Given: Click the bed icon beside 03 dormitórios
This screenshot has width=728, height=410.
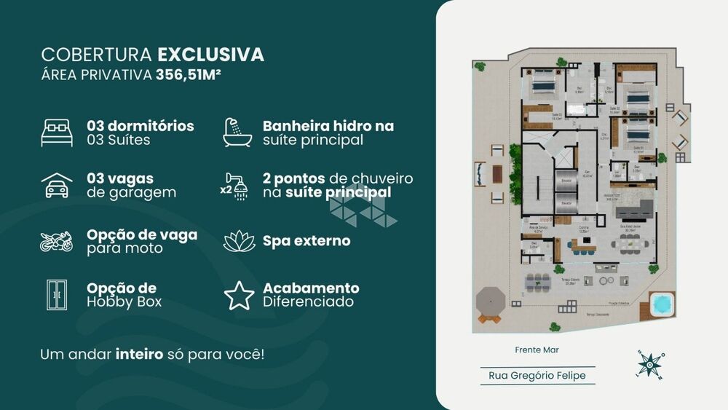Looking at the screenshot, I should point(57,133).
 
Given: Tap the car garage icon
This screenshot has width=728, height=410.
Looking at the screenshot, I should point(57,186).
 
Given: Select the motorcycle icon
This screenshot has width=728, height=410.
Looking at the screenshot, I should point(57,242).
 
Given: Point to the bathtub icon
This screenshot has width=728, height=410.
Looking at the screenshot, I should point(237,132).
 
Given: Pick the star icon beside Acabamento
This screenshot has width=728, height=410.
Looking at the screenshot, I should point(239,295).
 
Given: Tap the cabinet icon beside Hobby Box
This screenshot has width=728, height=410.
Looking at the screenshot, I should point(56,295).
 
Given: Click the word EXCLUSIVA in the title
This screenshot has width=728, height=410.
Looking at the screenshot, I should point(210,55).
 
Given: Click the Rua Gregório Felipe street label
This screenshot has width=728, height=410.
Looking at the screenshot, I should point(537,376).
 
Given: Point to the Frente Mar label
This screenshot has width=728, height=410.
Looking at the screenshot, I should point(537,350).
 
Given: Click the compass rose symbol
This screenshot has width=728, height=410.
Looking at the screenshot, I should point(651,365).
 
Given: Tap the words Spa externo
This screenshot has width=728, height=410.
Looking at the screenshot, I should point(306,240).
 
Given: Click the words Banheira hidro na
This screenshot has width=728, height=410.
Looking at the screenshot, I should point(328,126).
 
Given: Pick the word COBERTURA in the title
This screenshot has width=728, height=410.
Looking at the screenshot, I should point(96,55).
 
